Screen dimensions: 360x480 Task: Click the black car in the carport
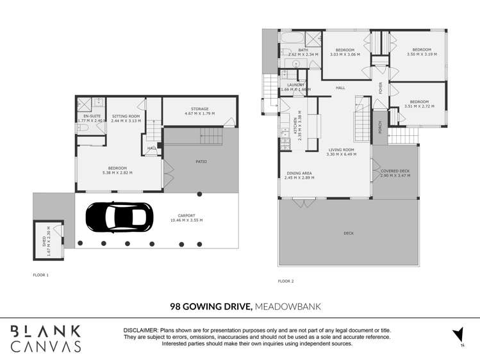click(x=119, y=217)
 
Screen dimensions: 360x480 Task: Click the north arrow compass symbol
click(x=458, y=334)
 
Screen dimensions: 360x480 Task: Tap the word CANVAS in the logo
click(x=47, y=346)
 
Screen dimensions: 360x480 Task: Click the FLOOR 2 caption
click(x=286, y=281)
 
